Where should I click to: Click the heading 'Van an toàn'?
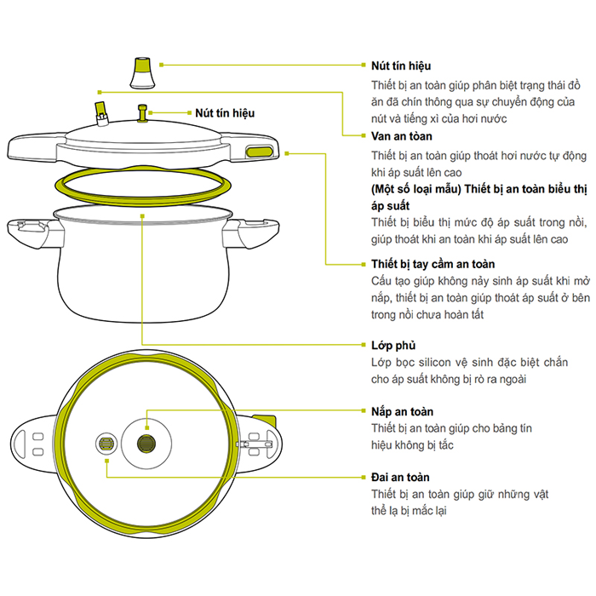[x=401, y=136]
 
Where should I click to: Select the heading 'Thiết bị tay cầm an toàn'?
[x=433, y=264]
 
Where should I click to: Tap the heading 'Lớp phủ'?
[x=393, y=346]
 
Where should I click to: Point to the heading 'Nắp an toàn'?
[x=402, y=411]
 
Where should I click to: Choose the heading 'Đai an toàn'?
[x=400, y=477]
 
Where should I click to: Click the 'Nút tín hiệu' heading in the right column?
[x=401, y=66]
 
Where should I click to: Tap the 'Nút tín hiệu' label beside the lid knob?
[x=225, y=113]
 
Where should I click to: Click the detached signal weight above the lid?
[x=142, y=73]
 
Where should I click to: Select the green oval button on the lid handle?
[x=259, y=152]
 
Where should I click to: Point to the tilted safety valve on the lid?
[x=101, y=113]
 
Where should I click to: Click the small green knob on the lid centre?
[x=142, y=113]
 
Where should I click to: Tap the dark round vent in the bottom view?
[x=146, y=444]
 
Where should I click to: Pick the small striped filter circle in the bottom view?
[x=106, y=444]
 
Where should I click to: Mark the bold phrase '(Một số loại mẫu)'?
[x=415, y=189]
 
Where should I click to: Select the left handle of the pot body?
[x=33, y=232]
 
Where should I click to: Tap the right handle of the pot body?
[x=251, y=233]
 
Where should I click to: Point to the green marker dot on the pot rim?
[x=142, y=216]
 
